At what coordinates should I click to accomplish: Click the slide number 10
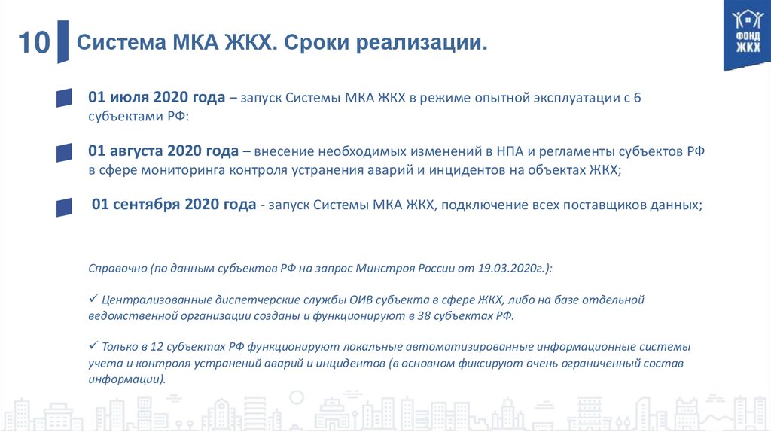coord(33,43)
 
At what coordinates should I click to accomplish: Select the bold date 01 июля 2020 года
coord(157,98)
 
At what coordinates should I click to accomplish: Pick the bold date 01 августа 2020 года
coord(163,151)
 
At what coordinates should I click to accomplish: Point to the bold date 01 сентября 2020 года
coord(173,205)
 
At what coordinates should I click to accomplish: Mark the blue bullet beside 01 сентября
coord(64,205)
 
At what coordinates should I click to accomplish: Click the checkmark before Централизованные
coord(93,299)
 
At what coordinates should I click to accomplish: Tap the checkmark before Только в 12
coord(93,347)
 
